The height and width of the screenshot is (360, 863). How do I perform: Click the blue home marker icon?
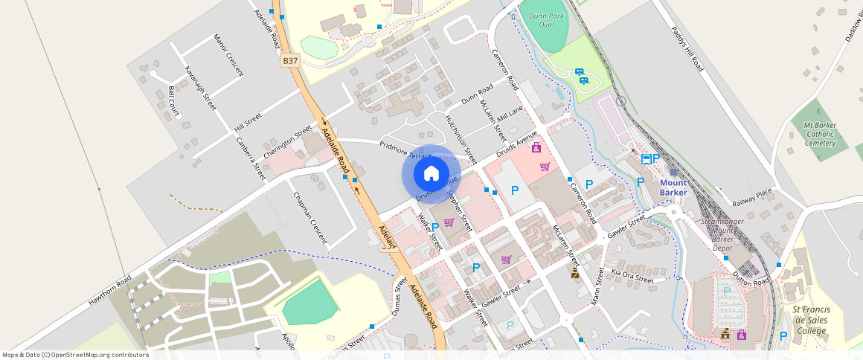click(431, 173)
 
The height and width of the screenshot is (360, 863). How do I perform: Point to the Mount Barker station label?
click(673, 187)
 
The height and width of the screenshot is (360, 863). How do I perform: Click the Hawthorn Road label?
click(109, 291)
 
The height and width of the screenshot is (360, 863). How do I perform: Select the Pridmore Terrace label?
click(405, 150)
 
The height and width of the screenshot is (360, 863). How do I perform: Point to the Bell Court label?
click(173, 101)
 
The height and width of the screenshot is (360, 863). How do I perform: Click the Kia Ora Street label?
click(632, 277)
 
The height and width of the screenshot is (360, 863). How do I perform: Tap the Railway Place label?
click(752, 196)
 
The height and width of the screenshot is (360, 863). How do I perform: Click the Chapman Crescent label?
click(309, 216)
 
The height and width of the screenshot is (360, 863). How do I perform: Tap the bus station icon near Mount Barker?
click(646, 158)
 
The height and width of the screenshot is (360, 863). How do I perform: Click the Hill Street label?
click(248, 120)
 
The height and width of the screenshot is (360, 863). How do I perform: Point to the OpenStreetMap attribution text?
click(75, 355)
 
